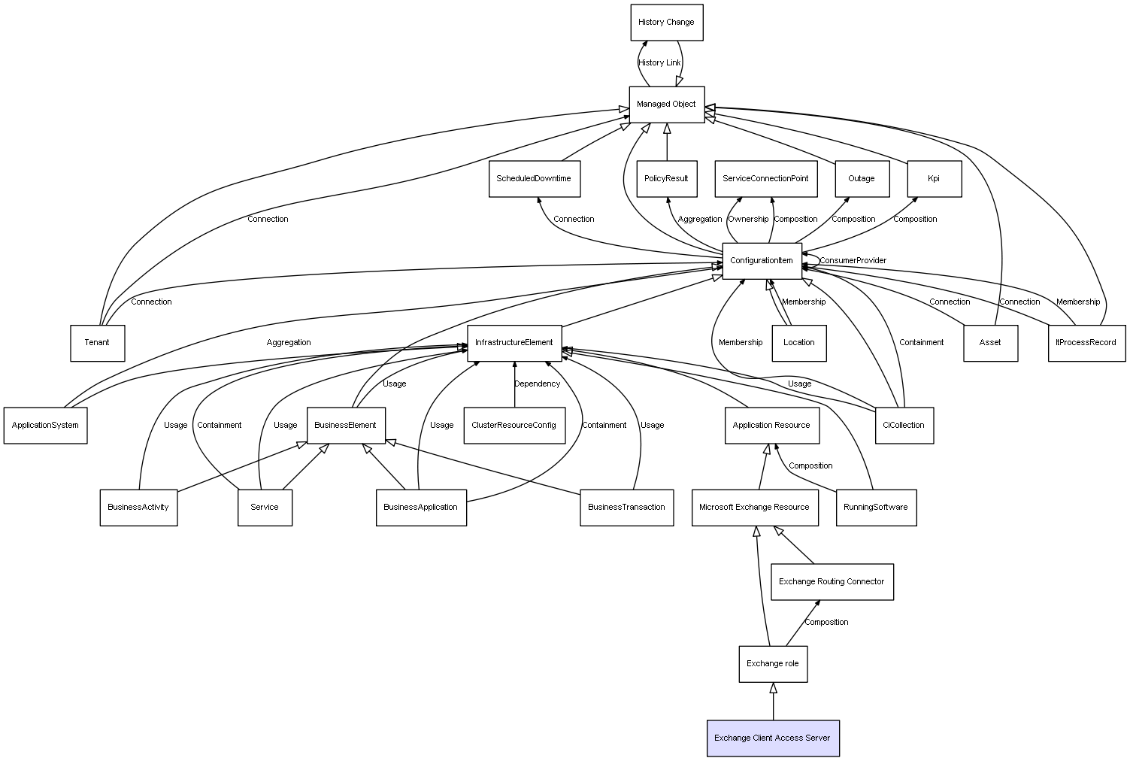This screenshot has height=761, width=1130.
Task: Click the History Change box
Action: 666,23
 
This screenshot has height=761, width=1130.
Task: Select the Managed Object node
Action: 666,105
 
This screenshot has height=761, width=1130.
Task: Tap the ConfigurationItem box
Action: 762,261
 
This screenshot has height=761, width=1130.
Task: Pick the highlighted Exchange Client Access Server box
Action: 772,738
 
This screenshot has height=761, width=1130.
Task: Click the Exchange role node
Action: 772,664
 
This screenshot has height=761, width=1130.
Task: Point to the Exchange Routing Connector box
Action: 832,582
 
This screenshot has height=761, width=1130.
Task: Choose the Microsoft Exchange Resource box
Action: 754,508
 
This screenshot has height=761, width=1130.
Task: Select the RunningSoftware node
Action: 875,508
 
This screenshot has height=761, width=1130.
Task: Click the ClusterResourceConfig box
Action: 513,426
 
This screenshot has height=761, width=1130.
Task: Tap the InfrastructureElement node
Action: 514,343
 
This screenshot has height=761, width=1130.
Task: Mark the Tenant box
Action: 97,343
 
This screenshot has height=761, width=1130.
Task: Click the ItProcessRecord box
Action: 1086,343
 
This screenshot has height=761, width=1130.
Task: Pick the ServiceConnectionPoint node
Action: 765,179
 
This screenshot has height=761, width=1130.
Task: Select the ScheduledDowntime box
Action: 534,179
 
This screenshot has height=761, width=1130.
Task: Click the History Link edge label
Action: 659,63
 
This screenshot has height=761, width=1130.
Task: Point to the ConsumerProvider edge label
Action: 853,261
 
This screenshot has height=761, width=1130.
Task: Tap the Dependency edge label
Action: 537,384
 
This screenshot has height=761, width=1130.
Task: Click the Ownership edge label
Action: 748,220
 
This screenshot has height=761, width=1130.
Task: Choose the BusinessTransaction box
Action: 626,508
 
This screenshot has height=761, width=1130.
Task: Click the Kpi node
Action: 934,179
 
